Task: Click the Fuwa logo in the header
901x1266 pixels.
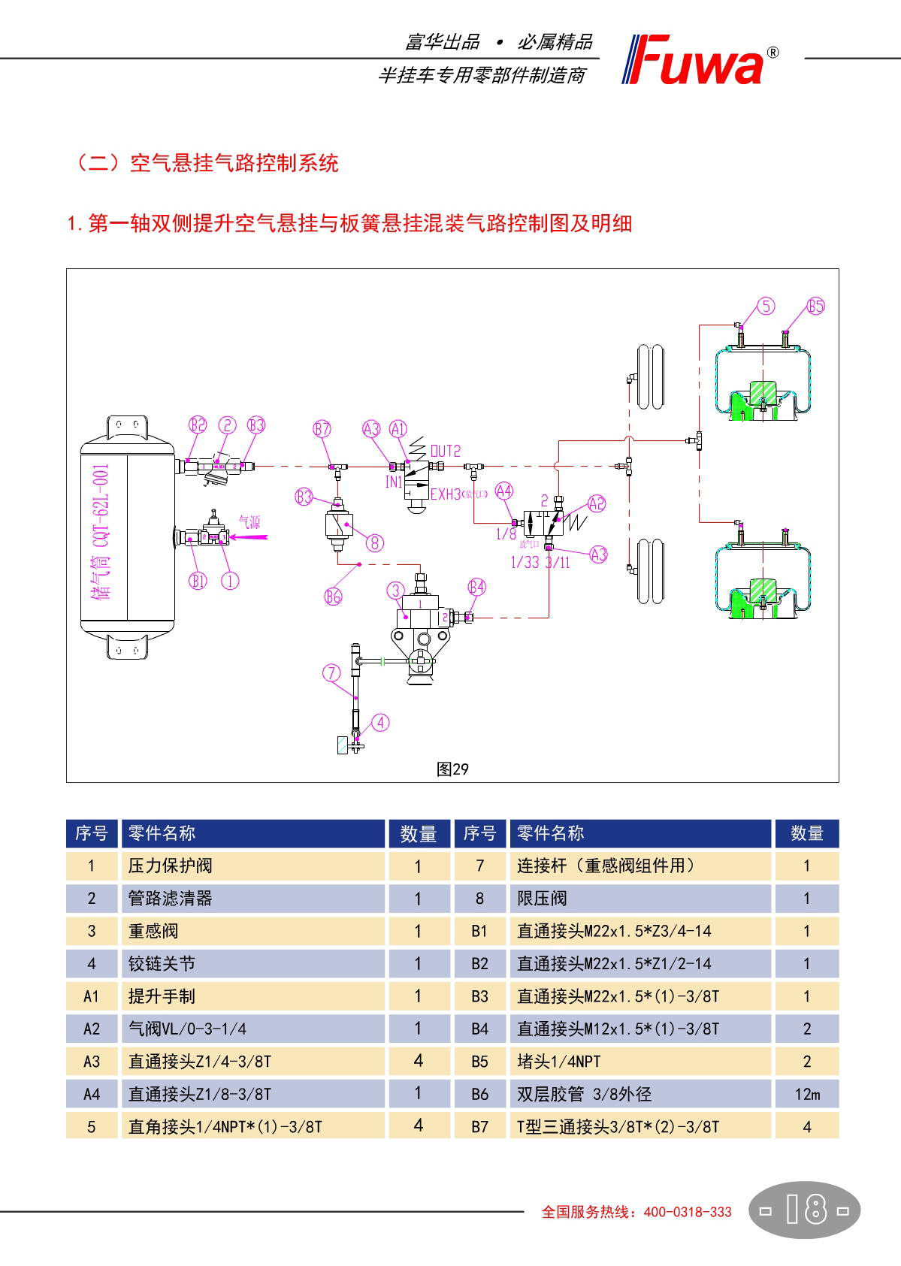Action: click(x=699, y=60)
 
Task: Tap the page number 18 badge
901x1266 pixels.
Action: click(x=805, y=1210)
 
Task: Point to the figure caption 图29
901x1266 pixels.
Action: click(x=452, y=769)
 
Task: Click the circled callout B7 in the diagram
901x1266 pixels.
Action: click(x=322, y=429)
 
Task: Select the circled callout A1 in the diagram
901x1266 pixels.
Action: click(x=398, y=428)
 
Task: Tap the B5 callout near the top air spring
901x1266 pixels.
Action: click(x=815, y=306)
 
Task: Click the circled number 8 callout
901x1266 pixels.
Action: click(x=374, y=542)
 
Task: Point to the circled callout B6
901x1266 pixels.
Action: click(x=333, y=597)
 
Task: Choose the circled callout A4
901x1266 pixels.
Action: click(x=503, y=491)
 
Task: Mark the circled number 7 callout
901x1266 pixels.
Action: click(x=331, y=673)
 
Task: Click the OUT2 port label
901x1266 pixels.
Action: click(x=445, y=451)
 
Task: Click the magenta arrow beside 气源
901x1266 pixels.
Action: click(x=249, y=536)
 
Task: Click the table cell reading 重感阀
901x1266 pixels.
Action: click(x=153, y=931)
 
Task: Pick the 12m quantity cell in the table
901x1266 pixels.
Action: click(x=806, y=1094)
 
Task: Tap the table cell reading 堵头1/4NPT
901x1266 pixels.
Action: click(x=559, y=1061)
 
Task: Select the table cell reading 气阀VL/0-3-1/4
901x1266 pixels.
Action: click(x=187, y=1029)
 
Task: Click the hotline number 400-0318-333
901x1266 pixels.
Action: click(x=688, y=1212)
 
